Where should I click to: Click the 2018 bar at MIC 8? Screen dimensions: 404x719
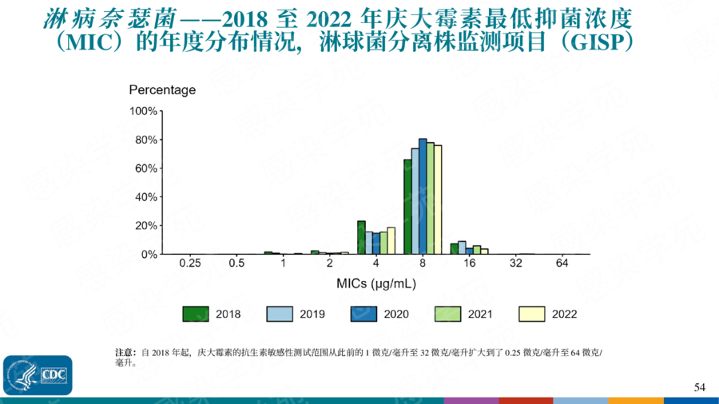click(407, 207)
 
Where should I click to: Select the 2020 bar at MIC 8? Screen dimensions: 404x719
click(423, 196)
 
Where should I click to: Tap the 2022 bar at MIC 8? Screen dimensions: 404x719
click(438, 200)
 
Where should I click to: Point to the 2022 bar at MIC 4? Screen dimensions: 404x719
click(391, 240)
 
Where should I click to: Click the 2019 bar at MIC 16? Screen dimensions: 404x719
click(462, 248)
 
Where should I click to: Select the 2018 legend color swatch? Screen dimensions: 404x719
click(195, 314)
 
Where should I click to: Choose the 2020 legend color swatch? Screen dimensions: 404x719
click(363, 314)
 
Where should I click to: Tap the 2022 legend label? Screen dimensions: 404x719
click(564, 315)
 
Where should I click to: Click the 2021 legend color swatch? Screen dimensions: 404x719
click(447, 314)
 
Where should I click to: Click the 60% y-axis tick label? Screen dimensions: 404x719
click(144, 168)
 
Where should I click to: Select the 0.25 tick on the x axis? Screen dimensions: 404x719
click(190, 263)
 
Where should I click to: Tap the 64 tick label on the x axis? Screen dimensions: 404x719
click(562, 263)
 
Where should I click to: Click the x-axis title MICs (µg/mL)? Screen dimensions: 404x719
click(375, 283)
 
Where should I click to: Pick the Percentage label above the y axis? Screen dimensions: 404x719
click(162, 90)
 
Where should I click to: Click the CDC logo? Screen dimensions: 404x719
click(38, 374)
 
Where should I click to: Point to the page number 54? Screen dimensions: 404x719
click(700, 387)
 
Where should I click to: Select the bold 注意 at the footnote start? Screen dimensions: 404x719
click(126, 352)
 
